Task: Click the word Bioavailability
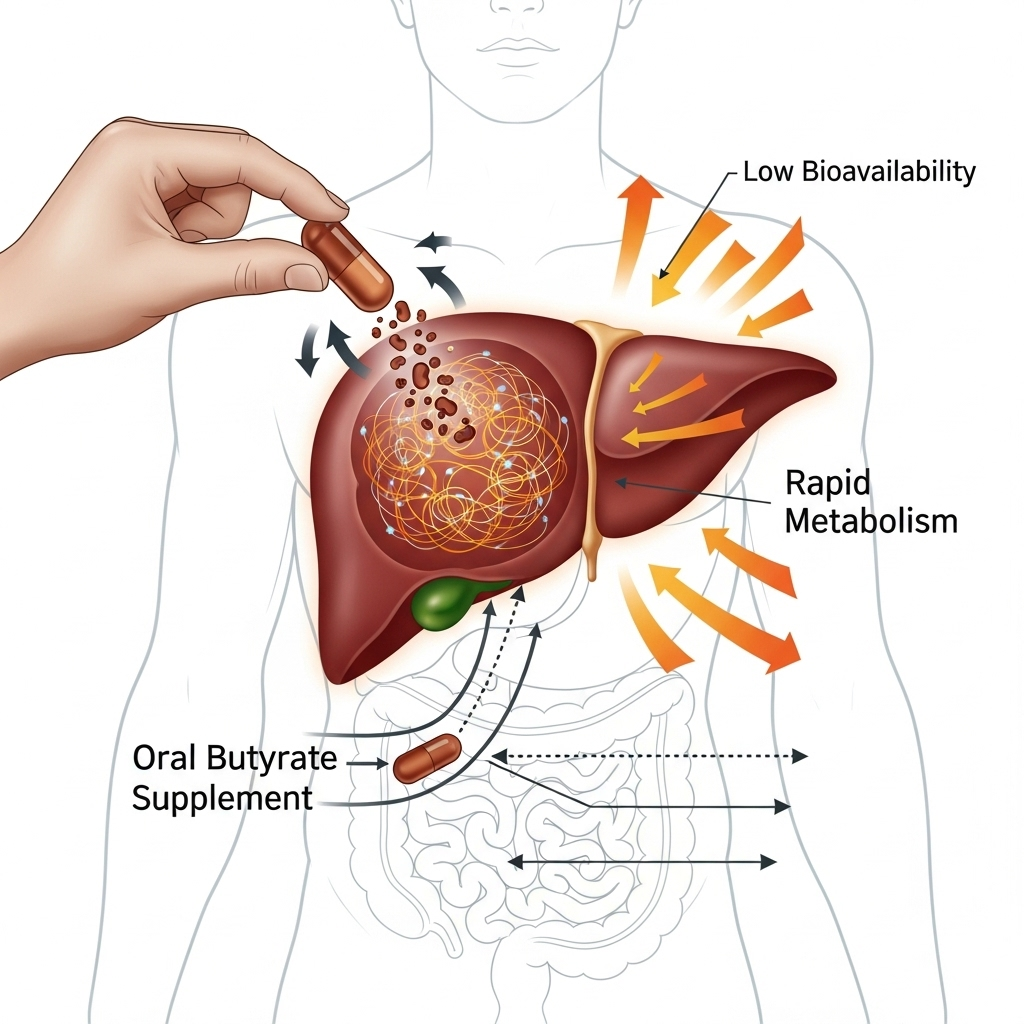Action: click(888, 171)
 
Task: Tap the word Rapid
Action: click(828, 484)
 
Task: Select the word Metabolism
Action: click(871, 521)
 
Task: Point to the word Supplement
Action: click(222, 798)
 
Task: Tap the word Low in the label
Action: click(769, 171)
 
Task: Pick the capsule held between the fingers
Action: click(346, 262)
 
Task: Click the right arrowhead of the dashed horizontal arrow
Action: click(800, 757)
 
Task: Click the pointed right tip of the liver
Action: click(832, 378)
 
